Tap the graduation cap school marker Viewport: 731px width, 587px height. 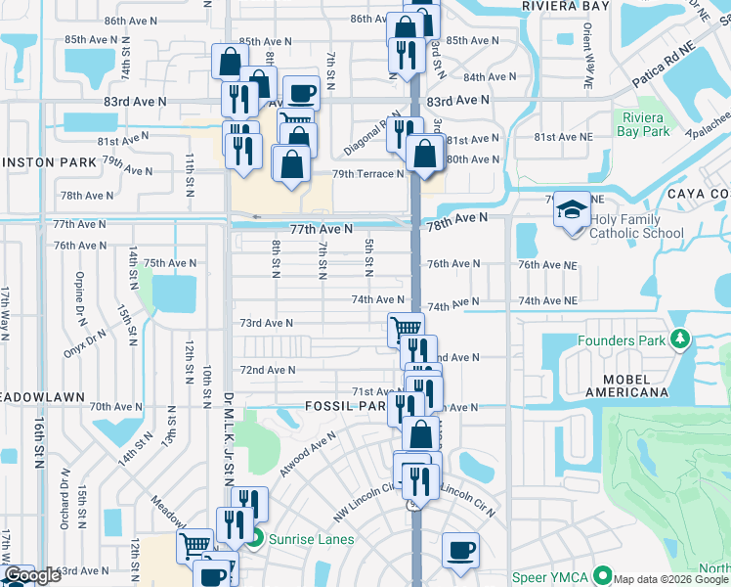pyautogui.click(x=572, y=210)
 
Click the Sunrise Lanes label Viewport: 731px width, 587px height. pyautogui.click(x=313, y=538)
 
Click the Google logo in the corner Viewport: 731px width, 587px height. pyautogui.click(x=32, y=575)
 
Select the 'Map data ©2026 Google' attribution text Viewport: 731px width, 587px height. pyautogui.click(x=670, y=579)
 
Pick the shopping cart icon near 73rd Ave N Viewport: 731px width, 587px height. pyautogui.click(x=406, y=329)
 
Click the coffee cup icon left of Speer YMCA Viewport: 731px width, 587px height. pyautogui.click(x=459, y=550)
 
